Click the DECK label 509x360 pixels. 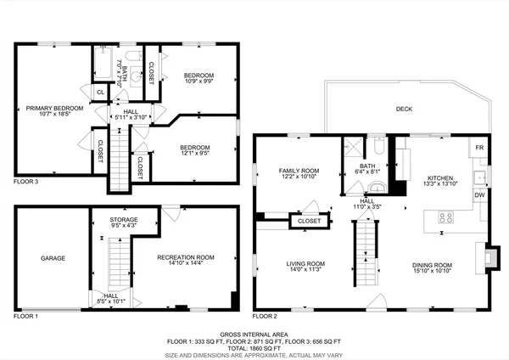(x=404, y=109)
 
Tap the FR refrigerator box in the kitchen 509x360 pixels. (x=479, y=147)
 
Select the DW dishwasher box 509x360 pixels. (x=479, y=195)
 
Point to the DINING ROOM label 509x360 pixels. (x=432, y=265)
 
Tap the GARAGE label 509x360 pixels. (x=53, y=257)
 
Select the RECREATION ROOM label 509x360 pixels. (x=186, y=257)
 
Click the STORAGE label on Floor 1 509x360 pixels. (x=124, y=220)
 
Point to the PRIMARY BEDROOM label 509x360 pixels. (x=53, y=108)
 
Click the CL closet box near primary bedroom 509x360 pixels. (x=100, y=92)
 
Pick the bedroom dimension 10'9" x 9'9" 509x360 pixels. (x=199, y=82)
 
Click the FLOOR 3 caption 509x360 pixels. (x=25, y=182)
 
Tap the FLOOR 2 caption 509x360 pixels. (x=265, y=316)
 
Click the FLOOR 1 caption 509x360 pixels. (x=25, y=316)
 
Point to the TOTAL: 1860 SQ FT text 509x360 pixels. (x=255, y=348)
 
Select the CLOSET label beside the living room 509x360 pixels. (x=305, y=222)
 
